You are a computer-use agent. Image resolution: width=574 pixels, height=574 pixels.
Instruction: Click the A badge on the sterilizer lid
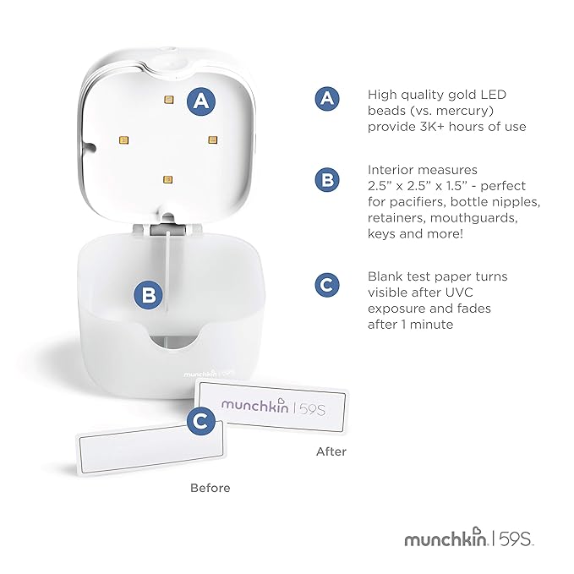coord(201,101)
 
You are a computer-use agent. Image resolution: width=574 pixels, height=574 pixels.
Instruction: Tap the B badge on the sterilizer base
coord(148,295)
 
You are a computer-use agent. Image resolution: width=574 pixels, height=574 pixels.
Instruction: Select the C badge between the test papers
coord(201,421)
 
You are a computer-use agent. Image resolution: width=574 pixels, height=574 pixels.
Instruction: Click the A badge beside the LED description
coord(327,98)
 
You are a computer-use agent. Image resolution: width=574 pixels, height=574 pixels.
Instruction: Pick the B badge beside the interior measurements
coord(327,180)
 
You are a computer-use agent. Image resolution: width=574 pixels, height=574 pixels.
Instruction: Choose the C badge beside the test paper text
coord(327,285)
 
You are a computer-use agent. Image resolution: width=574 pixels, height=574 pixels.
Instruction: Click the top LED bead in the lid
coord(169,100)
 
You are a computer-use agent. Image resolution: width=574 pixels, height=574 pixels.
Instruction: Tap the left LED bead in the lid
coord(123,139)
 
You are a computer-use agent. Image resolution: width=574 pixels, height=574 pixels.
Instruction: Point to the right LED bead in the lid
coord(213,139)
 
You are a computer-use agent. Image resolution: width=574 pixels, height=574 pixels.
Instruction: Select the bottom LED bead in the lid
coord(167,179)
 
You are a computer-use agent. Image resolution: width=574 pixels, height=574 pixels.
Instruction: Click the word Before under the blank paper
coord(210,488)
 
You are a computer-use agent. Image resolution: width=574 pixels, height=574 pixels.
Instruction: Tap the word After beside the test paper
coord(331,451)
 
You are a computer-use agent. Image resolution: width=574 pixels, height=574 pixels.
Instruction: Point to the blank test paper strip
coord(150,448)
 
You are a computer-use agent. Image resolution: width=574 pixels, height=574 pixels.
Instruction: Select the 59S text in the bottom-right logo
coord(515,538)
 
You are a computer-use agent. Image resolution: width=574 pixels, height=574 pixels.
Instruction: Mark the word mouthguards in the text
coord(473,218)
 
